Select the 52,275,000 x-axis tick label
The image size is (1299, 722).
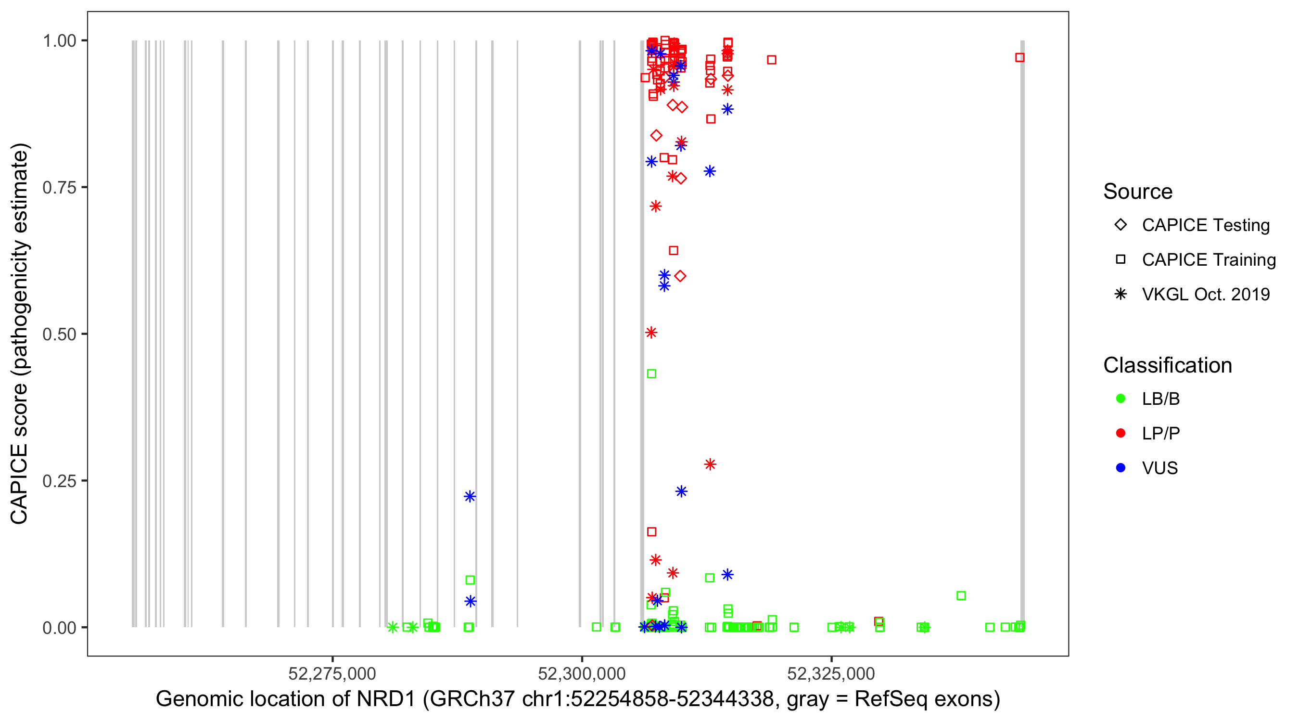[x=332, y=673]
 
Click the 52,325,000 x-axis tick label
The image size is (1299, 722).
[x=831, y=673]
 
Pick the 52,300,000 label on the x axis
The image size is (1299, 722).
[x=582, y=673]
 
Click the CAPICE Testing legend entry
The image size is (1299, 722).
[x=1205, y=225]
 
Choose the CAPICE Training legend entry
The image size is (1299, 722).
[x=1208, y=260]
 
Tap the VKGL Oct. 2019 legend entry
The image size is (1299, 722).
[x=1205, y=294]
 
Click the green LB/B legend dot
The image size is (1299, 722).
[x=1121, y=399]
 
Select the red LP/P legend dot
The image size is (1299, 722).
[x=1121, y=433]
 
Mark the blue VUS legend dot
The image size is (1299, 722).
[x=1121, y=468]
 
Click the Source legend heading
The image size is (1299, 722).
[x=1138, y=192]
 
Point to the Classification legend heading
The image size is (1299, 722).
[x=1167, y=365]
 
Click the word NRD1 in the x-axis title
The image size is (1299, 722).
[x=386, y=699]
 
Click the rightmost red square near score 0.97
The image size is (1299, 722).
[x=1019, y=57]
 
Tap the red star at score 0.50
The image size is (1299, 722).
[x=651, y=333]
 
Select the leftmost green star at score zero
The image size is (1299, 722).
[x=393, y=627]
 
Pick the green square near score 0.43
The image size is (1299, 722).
[x=651, y=374]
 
